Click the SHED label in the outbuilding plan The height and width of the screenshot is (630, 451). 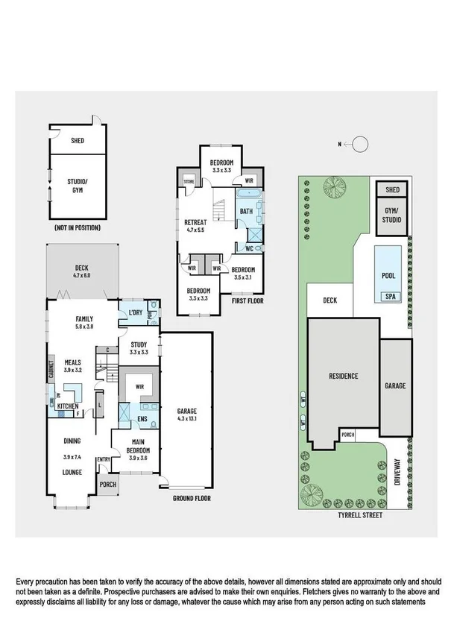pos(78,140)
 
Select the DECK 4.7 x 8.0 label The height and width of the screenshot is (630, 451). pos(81,271)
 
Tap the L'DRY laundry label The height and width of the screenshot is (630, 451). pos(136,312)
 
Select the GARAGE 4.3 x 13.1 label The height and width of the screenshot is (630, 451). pos(186,414)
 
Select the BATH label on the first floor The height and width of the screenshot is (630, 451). pos(245,211)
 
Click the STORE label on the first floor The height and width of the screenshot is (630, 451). pos(189,180)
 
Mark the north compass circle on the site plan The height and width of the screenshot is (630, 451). pos(359,144)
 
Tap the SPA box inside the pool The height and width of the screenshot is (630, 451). pos(390,297)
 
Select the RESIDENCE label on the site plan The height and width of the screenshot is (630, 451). pos(344,376)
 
